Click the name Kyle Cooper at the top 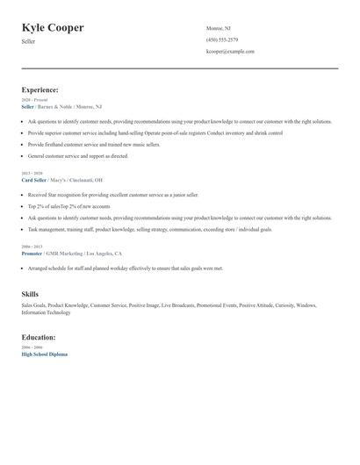[x=53, y=28]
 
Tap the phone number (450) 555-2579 [x=221, y=39]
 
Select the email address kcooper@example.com [x=230, y=51]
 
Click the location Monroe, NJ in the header [x=220, y=28]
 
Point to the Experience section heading [x=40, y=89]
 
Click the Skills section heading [x=30, y=295]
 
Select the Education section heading [x=39, y=337]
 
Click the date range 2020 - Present [x=34, y=100]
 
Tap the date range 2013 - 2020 [x=31, y=173]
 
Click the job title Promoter [x=33, y=253]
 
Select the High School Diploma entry [x=44, y=354]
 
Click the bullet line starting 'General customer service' [x=78, y=156]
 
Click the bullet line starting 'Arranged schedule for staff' [x=126, y=268]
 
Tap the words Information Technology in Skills [x=47, y=312]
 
